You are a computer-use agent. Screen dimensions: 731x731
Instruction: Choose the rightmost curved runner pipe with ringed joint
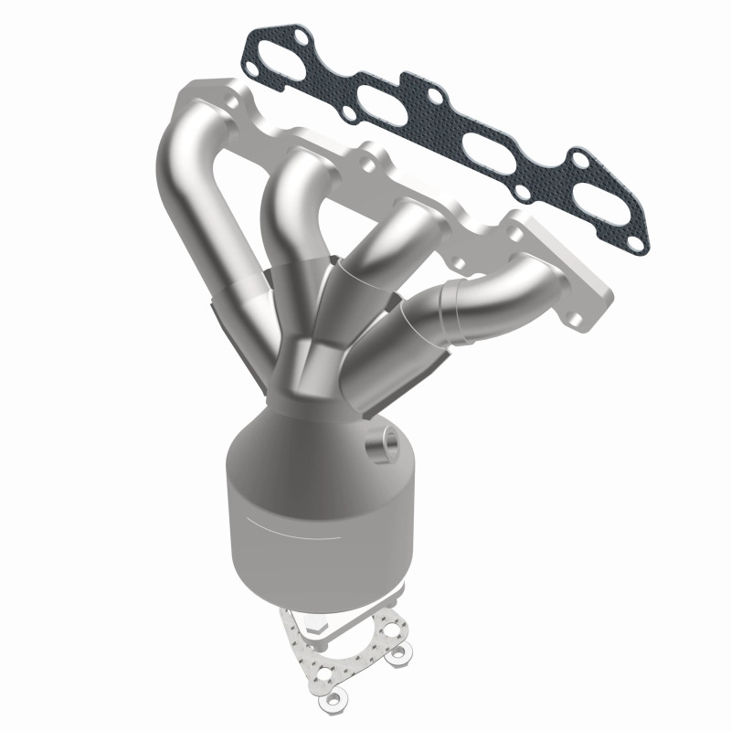tap(475, 302)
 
